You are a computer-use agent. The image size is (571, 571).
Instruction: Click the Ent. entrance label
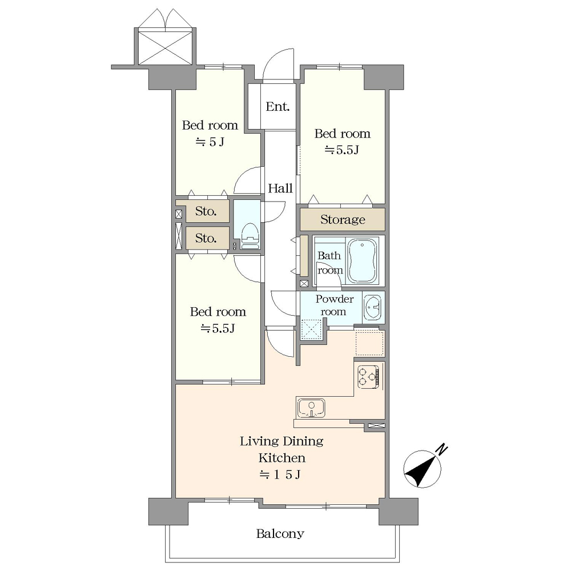(278, 107)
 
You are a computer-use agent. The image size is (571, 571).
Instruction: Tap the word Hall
(280, 188)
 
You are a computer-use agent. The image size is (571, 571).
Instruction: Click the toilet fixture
(250, 236)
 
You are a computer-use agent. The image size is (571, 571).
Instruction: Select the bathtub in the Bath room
(362, 261)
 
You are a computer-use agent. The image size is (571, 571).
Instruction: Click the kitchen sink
(311, 408)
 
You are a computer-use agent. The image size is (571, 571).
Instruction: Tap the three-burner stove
(368, 377)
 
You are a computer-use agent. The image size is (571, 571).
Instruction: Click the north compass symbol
(423, 469)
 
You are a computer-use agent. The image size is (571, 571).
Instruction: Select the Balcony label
(280, 534)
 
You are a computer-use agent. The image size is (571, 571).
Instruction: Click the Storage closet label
(343, 219)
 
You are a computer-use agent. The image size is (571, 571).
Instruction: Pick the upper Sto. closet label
(206, 211)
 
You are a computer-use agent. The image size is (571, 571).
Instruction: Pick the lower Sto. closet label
(206, 238)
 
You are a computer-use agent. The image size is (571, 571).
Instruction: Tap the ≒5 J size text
(210, 142)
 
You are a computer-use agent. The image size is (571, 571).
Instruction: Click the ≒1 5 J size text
(280, 475)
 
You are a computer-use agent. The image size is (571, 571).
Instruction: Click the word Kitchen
(282, 458)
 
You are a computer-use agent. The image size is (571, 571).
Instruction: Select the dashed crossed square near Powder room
(311, 329)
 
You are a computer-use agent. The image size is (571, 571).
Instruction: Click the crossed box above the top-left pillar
(166, 48)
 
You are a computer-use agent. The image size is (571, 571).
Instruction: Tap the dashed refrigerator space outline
(369, 343)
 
